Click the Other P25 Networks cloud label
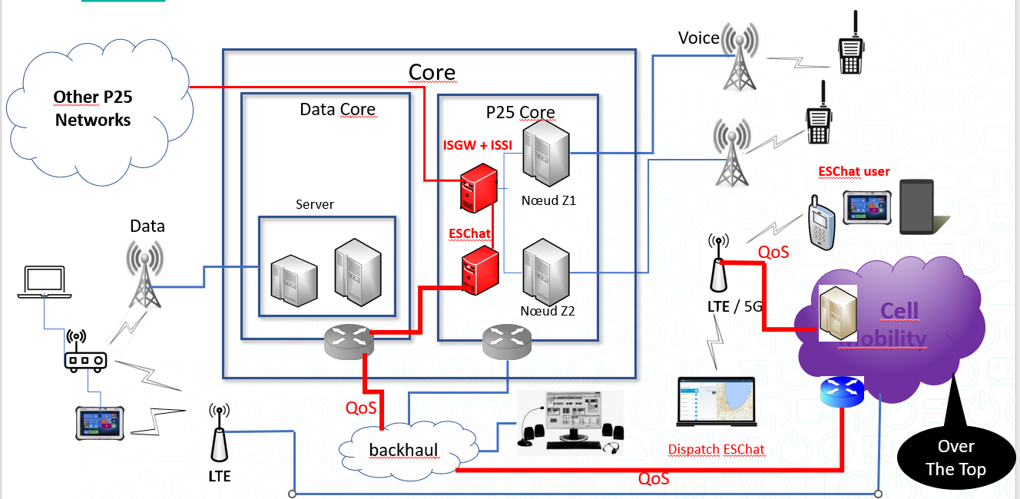92,108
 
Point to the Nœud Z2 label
547,312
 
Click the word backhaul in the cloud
402,450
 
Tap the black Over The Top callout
955,457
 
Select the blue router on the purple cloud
842,392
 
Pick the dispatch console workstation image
569,421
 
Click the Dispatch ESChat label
716,449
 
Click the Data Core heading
337,110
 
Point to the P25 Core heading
520,113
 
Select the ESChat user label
854,171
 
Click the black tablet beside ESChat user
917,207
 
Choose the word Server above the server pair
315,205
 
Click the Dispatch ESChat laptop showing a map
716,402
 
